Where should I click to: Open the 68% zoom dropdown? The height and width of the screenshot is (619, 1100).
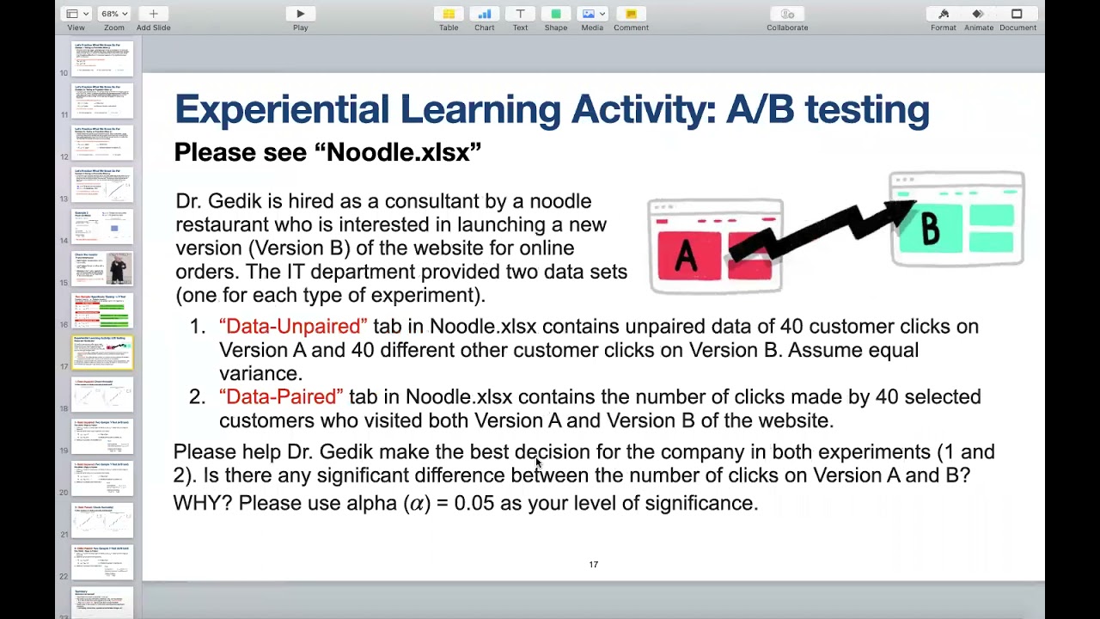[113, 14]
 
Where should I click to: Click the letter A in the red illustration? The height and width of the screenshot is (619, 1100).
[686, 255]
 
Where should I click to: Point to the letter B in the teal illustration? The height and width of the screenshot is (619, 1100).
[930, 229]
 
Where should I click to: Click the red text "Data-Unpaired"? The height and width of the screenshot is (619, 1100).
[293, 327]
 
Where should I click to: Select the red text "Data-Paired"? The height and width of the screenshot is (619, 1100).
[281, 397]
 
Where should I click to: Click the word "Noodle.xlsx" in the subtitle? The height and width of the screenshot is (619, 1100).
[398, 153]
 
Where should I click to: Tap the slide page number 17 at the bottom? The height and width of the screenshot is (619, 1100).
[593, 565]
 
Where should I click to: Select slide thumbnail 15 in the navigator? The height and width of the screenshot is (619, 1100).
[103, 268]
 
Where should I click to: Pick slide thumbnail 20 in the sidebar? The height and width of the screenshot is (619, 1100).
[103, 479]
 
